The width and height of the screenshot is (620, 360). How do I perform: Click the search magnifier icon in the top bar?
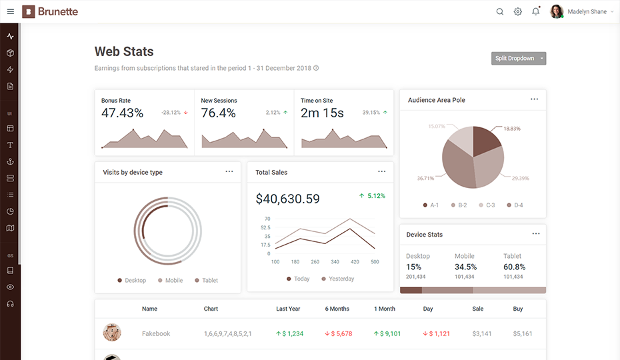(x=500, y=11)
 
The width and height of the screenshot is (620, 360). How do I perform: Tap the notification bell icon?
(x=536, y=11)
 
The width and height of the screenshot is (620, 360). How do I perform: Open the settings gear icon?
(x=517, y=11)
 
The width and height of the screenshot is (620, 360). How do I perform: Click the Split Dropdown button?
(x=519, y=58)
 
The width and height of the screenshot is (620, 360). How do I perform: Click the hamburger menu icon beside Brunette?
(x=11, y=11)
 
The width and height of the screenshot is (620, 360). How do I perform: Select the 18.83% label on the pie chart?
(x=511, y=129)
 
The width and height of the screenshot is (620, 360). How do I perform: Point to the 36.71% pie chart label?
(x=425, y=179)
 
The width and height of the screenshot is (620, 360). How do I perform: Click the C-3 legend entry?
(x=487, y=205)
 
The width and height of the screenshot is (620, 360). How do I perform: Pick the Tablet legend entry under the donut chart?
(x=207, y=280)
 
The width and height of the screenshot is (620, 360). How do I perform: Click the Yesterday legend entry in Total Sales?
(x=338, y=279)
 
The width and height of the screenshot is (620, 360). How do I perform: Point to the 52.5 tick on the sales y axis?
(x=265, y=227)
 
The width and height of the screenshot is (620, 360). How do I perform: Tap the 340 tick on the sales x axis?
(x=335, y=262)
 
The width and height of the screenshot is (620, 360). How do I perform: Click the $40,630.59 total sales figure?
(x=287, y=199)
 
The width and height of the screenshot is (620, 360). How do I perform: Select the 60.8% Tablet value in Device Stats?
(x=514, y=267)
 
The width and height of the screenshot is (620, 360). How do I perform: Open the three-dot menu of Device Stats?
(x=536, y=234)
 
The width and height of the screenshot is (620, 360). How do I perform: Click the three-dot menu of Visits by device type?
(x=229, y=171)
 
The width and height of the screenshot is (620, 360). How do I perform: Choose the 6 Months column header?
(x=337, y=309)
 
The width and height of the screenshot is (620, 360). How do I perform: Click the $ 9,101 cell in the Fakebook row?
(x=387, y=333)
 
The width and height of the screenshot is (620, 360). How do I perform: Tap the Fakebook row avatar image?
(x=112, y=332)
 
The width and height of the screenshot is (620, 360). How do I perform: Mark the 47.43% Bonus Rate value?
(x=122, y=113)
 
